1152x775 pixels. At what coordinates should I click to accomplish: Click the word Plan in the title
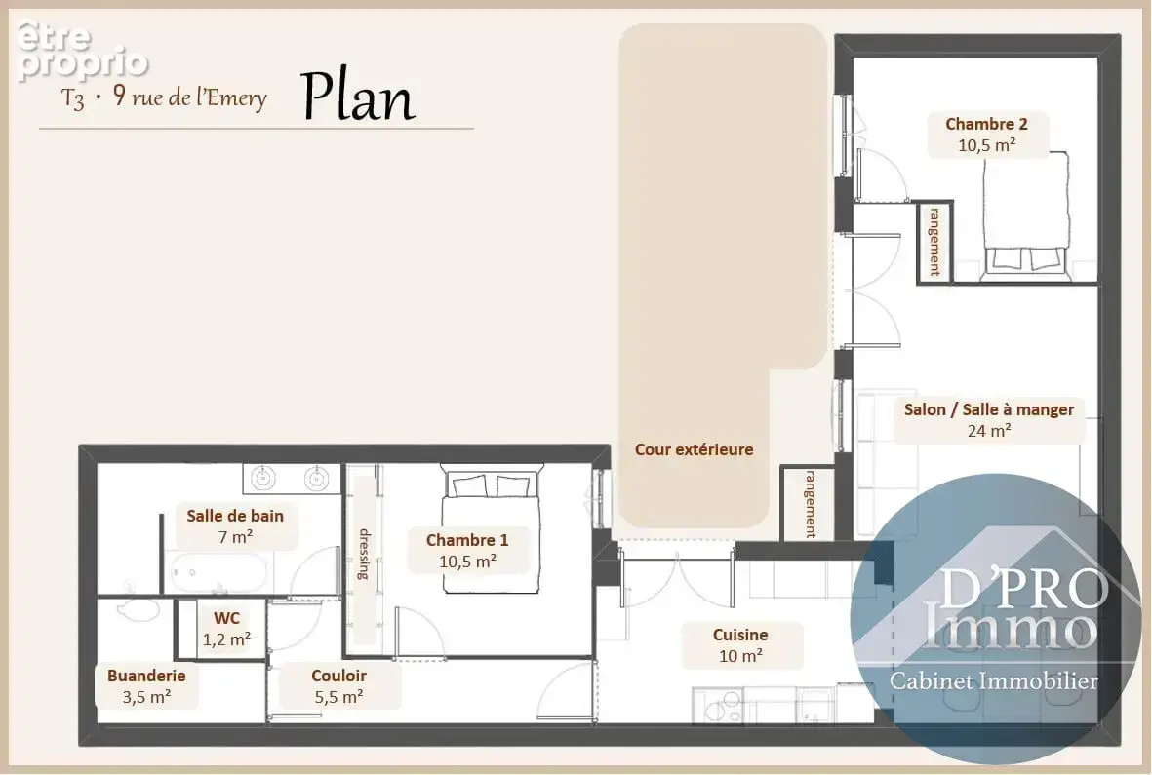pyautogui.click(x=359, y=97)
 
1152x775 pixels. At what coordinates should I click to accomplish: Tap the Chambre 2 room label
pyautogui.click(x=987, y=135)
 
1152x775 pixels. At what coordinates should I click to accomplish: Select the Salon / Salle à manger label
pyautogui.click(x=989, y=420)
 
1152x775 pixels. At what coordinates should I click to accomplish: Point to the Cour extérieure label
pyautogui.click(x=694, y=449)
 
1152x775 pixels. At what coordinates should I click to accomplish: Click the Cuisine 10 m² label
pyautogui.click(x=740, y=645)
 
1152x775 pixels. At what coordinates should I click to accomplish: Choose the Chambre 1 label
pyautogui.click(x=467, y=551)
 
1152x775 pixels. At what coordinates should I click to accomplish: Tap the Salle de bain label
pyautogui.click(x=235, y=525)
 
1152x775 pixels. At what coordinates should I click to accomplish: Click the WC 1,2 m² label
pyautogui.click(x=226, y=629)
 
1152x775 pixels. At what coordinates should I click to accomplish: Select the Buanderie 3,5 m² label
pyautogui.click(x=146, y=686)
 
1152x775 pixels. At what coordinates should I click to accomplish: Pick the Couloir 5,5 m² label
pyautogui.click(x=338, y=686)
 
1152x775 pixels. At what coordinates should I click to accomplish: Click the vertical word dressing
pyautogui.click(x=364, y=554)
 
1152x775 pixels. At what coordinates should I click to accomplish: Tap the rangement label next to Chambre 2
pyautogui.click(x=934, y=242)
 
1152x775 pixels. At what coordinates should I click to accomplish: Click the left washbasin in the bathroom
pyautogui.click(x=263, y=479)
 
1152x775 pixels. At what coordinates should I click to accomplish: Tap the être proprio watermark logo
pyautogui.click(x=82, y=50)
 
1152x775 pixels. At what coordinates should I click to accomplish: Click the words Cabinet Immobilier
pyautogui.click(x=993, y=681)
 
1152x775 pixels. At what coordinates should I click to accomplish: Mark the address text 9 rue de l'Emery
pyautogui.click(x=189, y=97)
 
